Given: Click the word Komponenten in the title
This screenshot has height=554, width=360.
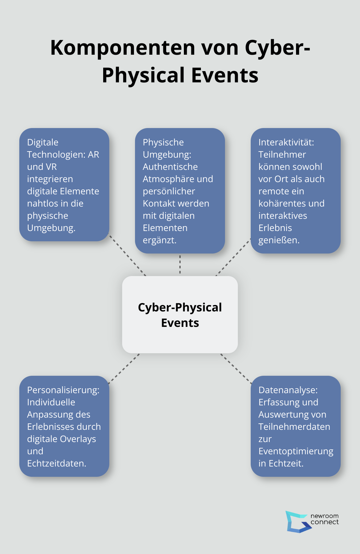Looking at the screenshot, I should click(123, 48).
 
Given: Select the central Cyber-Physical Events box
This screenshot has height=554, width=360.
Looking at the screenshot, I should click(180, 314).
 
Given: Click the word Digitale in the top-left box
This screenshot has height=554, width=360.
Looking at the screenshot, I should click(43, 142).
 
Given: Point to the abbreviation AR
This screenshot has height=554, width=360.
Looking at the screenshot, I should click(94, 154).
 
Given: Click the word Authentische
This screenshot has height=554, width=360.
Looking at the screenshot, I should click(170, 167).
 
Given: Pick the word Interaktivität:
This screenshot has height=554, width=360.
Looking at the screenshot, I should click(286, 142).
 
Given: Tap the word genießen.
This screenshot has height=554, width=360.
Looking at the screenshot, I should click(279, 240).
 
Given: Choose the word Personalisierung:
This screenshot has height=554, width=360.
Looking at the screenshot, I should click(63, 390).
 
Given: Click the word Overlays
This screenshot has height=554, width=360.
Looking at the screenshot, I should click(80, 439).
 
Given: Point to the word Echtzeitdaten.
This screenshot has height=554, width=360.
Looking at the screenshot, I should click(56, 463).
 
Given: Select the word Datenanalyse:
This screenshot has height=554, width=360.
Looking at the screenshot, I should click(288, 390).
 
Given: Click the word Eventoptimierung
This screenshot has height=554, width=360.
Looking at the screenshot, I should click(296, 451).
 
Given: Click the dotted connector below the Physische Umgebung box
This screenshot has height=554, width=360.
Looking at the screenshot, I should click(180, 264).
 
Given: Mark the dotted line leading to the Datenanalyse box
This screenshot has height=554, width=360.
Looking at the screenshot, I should click(236, 368).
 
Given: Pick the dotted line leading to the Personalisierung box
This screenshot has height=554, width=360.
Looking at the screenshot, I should click(124, 368).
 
